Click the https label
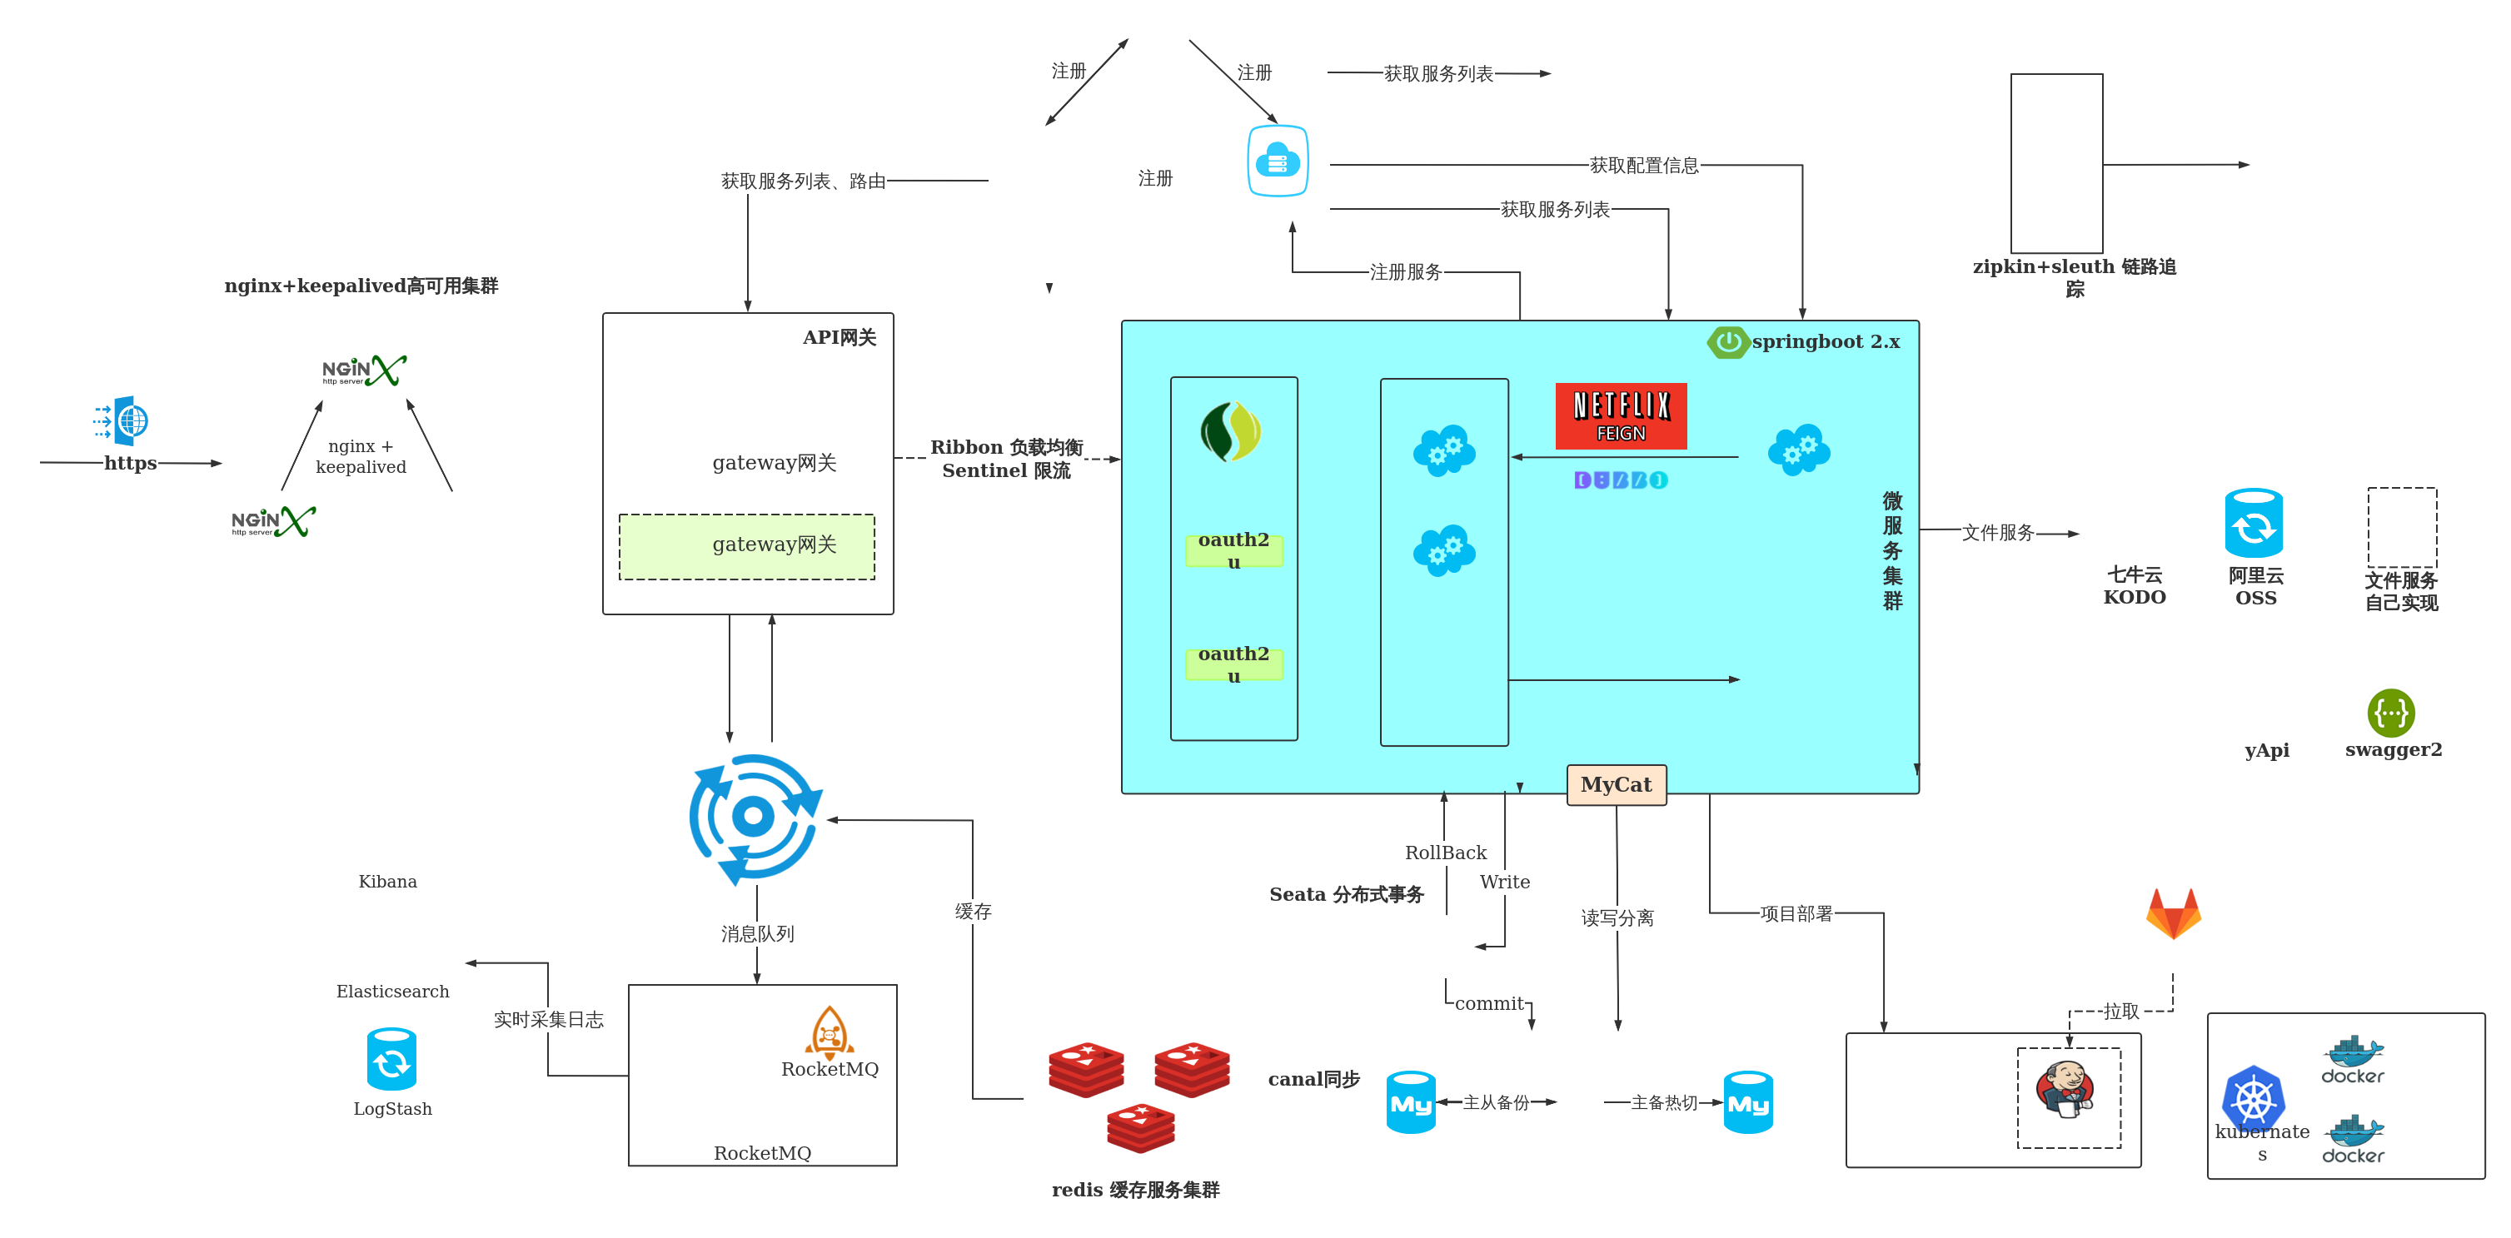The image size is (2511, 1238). (130, 463)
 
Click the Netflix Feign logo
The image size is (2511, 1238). (1620, 416)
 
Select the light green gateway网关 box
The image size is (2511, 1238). (747, 546)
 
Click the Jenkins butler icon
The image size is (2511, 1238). (2064, 1089)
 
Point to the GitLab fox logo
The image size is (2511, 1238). (2173, 913)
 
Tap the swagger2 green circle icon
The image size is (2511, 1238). (2390, 713)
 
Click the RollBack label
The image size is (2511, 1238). (1445, 853)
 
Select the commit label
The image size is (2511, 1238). (1488, 1003)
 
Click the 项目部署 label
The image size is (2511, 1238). (1796, 914)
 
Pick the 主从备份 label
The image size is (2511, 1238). (1495, 1102)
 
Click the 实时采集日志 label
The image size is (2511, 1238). (548, 1020)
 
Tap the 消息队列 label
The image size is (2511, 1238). (756, 934)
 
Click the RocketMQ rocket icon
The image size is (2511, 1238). (829, 1032)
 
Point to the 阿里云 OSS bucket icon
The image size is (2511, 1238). (2254, 525)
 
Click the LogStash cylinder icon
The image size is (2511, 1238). (391, 1060)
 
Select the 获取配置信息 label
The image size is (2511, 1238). (1643, 166)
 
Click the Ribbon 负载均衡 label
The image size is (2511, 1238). (1006, 447)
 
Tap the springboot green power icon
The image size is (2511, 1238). (1727, 342)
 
